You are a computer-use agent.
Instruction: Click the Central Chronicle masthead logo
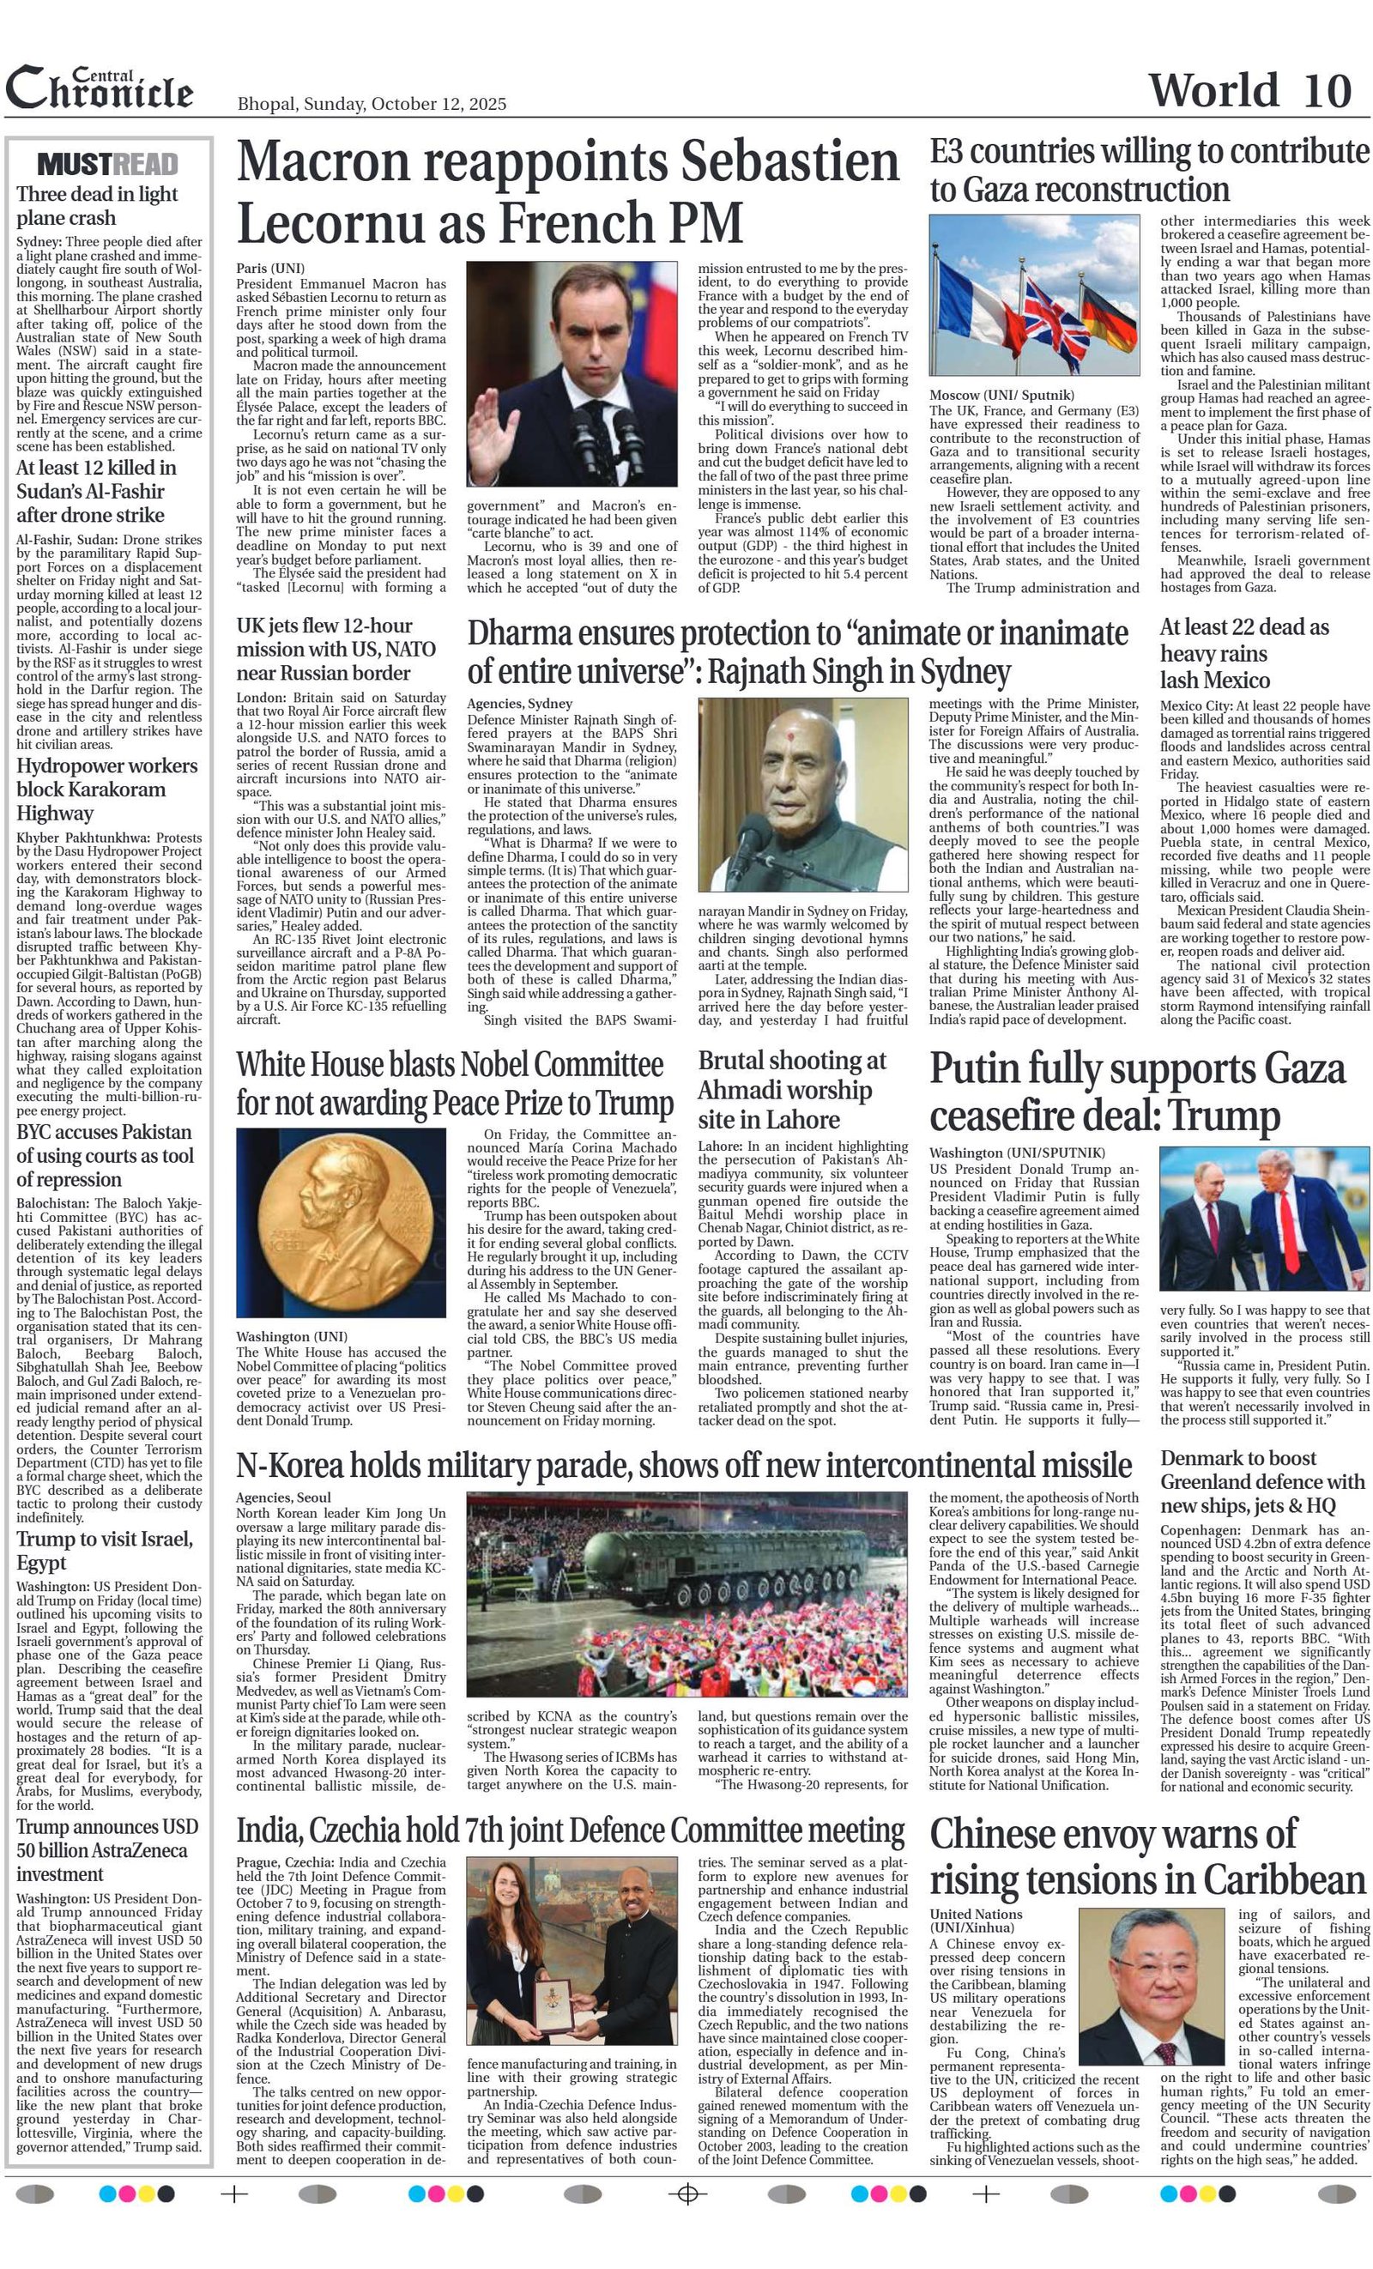[x=100, y=88]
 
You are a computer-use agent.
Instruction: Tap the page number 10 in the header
[x=1327, y=90]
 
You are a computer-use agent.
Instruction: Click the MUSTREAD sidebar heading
[x=108, y=164]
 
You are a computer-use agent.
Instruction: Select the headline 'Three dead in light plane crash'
[x=97, y=205]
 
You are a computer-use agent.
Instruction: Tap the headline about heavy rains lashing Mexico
[x=1243, y=653]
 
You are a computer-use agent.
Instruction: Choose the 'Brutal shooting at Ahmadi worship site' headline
[x=791, y=1089]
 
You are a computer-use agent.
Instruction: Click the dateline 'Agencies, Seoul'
[x=282, y=1498]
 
